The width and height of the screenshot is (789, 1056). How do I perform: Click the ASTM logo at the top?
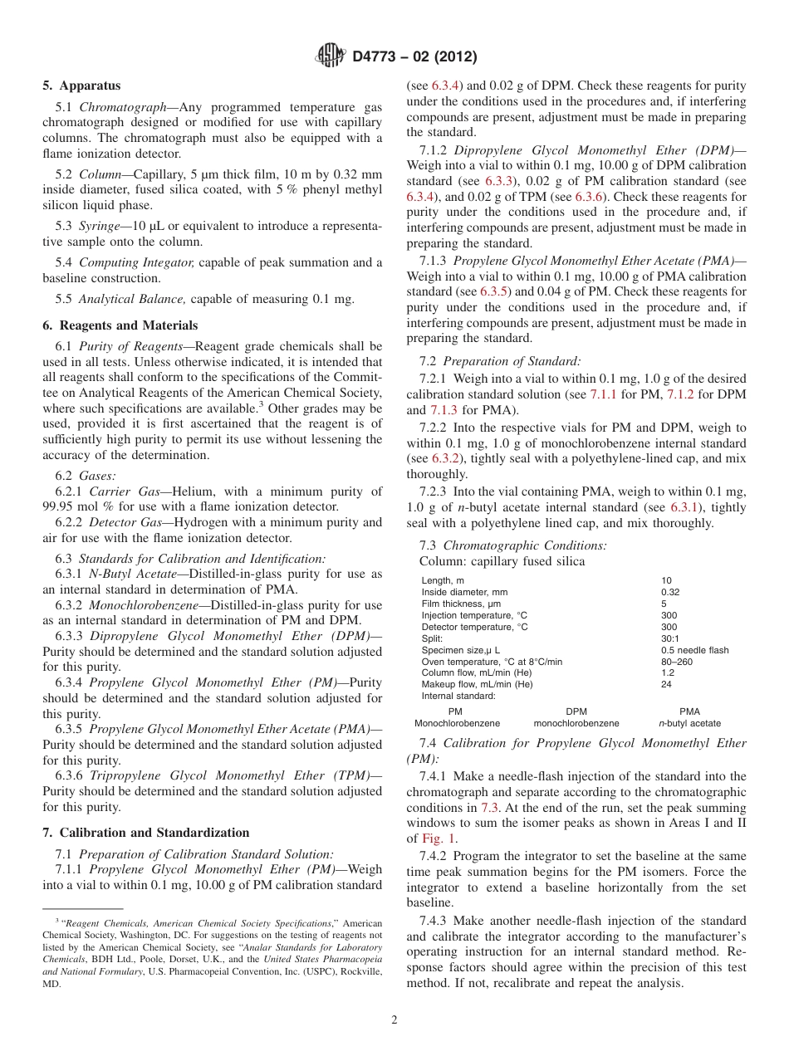pyautogui.click(x=331, y=56)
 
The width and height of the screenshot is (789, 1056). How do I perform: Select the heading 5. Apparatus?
pyautogui.click(x=81, y=86)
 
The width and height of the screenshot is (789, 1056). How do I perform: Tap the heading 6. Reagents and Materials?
pyautogui.click(x=120, y=325)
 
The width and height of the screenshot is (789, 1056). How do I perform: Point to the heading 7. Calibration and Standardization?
pyautogui.click(x=145, y=833)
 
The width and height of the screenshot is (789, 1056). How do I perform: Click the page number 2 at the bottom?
pyautogui.click(x=394, y=1019)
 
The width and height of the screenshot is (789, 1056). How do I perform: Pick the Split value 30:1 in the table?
pyautogui.click(x=670, y=638)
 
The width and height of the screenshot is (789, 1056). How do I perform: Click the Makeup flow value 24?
pyautogui.click(x=666, y=684)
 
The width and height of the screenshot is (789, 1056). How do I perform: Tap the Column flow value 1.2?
pyautogui.click(x=668, y=672)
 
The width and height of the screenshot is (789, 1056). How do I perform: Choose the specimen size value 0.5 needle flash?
pyautogui.click(x=694, y=650)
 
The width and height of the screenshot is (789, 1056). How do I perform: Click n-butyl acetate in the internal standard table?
pyautogui.click(x=689, y=723)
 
